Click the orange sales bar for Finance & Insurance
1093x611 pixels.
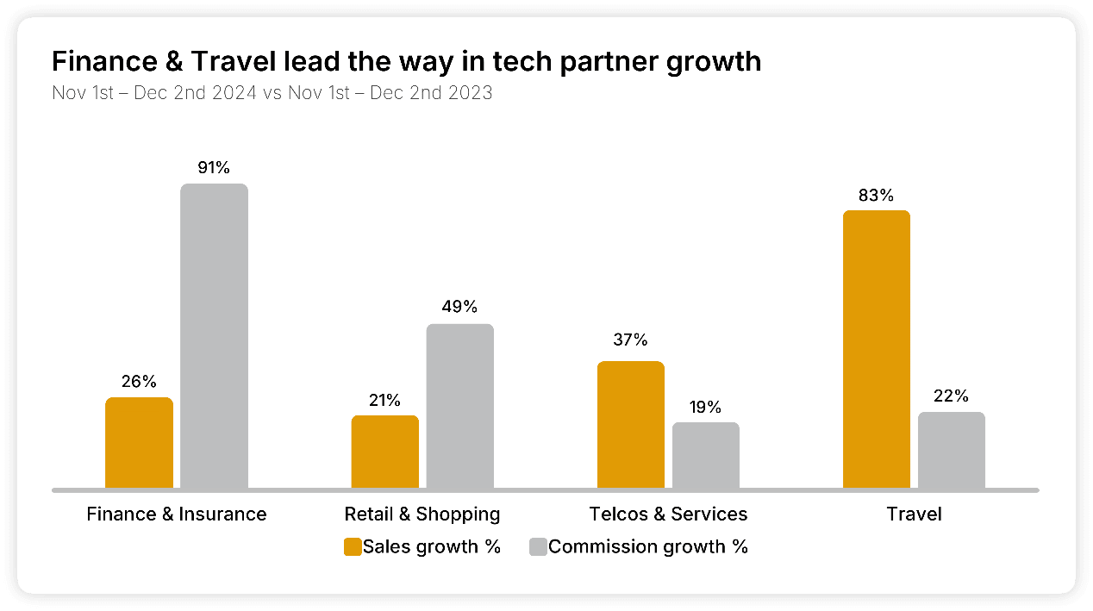coord(139,443)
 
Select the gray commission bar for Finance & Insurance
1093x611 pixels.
coord(214,336)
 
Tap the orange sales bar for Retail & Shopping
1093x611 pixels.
coord(384,452)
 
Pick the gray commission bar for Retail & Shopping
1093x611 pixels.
coord(459,406)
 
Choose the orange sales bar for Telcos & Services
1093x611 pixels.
coord(630,425)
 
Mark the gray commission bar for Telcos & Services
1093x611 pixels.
coord(705,456)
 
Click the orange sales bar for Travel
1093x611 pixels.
coord(876,349)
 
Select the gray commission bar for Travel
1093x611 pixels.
coord(951,451)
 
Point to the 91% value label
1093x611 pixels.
coord(214,167)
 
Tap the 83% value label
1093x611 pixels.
coord(876,195)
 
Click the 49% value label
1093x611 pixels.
coord(459,308)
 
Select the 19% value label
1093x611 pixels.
coord(705,407)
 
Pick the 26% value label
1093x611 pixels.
coord(139,381)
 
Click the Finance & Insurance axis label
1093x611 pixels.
coord(177,514)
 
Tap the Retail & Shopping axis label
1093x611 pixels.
coord(422,514)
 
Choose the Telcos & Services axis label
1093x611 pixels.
coord(668,514)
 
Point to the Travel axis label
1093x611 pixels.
coord(914,514)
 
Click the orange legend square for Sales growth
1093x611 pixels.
coord(353,546)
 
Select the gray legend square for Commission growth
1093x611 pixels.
coord(537,546)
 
